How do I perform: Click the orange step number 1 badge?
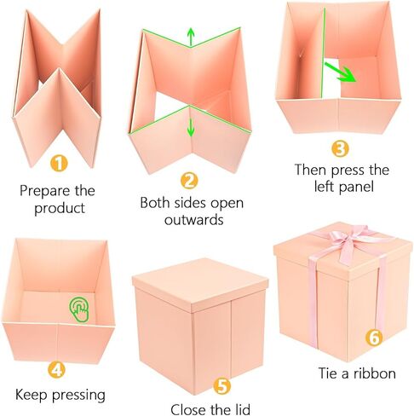point(59,164)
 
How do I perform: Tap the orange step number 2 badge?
point(189,181)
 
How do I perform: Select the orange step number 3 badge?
point(340,148)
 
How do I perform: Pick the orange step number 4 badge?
point(56,369)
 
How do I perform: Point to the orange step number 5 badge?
point(222,385)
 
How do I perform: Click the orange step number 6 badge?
point(374,338)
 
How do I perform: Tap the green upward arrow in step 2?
point(191,37)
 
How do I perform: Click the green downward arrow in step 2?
point(191,126)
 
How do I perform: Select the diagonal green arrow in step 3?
point(340,72)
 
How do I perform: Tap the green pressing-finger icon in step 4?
point(79,309)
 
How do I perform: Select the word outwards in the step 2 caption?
point(194,220)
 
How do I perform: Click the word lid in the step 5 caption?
point(241,409)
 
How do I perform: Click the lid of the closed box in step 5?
point(200,284)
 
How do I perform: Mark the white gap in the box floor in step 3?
point(331,78)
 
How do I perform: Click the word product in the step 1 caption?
point(60,209)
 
